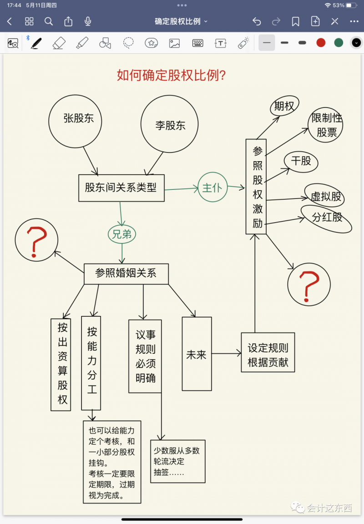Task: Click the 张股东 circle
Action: coord(75,121)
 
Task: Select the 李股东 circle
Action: coord(170,126)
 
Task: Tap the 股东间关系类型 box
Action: coord(121,188)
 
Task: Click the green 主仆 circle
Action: coord(212,187)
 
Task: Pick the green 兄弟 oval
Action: coord(122,234)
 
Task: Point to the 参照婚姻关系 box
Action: coord(126,273)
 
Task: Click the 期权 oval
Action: coord(284,106)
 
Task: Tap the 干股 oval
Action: coord(301,161)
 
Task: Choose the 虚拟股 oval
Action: coord(326,196)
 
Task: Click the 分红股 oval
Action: coord(327,218)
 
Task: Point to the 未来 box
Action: coord(197,354)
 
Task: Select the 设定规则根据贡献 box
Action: coord(268,355)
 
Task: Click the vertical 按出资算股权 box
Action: coord(61,364)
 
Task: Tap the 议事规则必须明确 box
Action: coord(145,356)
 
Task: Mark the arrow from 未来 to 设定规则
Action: coord(226,353)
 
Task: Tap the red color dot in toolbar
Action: coord(321,43)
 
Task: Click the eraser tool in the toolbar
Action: coord(59,43)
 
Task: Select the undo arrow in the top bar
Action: coord(257,21)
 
